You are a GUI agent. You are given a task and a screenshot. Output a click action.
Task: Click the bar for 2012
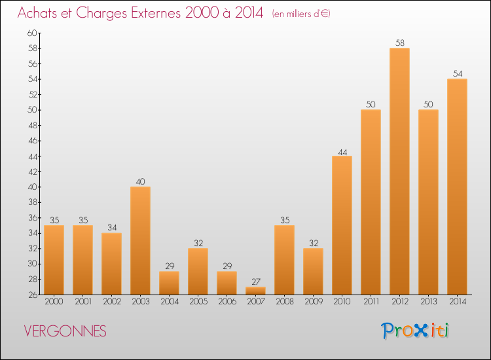(x=399, y=171)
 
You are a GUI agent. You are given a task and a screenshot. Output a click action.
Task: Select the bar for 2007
(x=255, y=291)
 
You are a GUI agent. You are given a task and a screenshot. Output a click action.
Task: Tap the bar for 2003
(x=140, y=241)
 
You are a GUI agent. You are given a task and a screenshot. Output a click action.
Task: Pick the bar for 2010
(x=342, y=225)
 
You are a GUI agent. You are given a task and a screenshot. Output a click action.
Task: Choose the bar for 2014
(x=457, y=187)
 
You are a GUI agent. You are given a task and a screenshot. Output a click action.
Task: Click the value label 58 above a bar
(x=399, y=43)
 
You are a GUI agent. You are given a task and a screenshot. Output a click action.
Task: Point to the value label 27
(x=255, y=282)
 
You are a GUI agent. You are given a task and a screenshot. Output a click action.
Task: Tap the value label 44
(x=342, y=151)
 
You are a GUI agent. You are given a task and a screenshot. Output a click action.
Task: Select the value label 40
(x=140, y=182)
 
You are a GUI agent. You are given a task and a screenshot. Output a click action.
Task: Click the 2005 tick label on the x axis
(x=198, y=302)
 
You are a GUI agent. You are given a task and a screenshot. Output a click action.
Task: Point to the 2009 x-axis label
(x=313, y=302)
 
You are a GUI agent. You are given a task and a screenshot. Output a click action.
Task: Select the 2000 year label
(x=54, y=302)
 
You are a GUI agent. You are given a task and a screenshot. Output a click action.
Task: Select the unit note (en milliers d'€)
(x=300, y=14)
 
